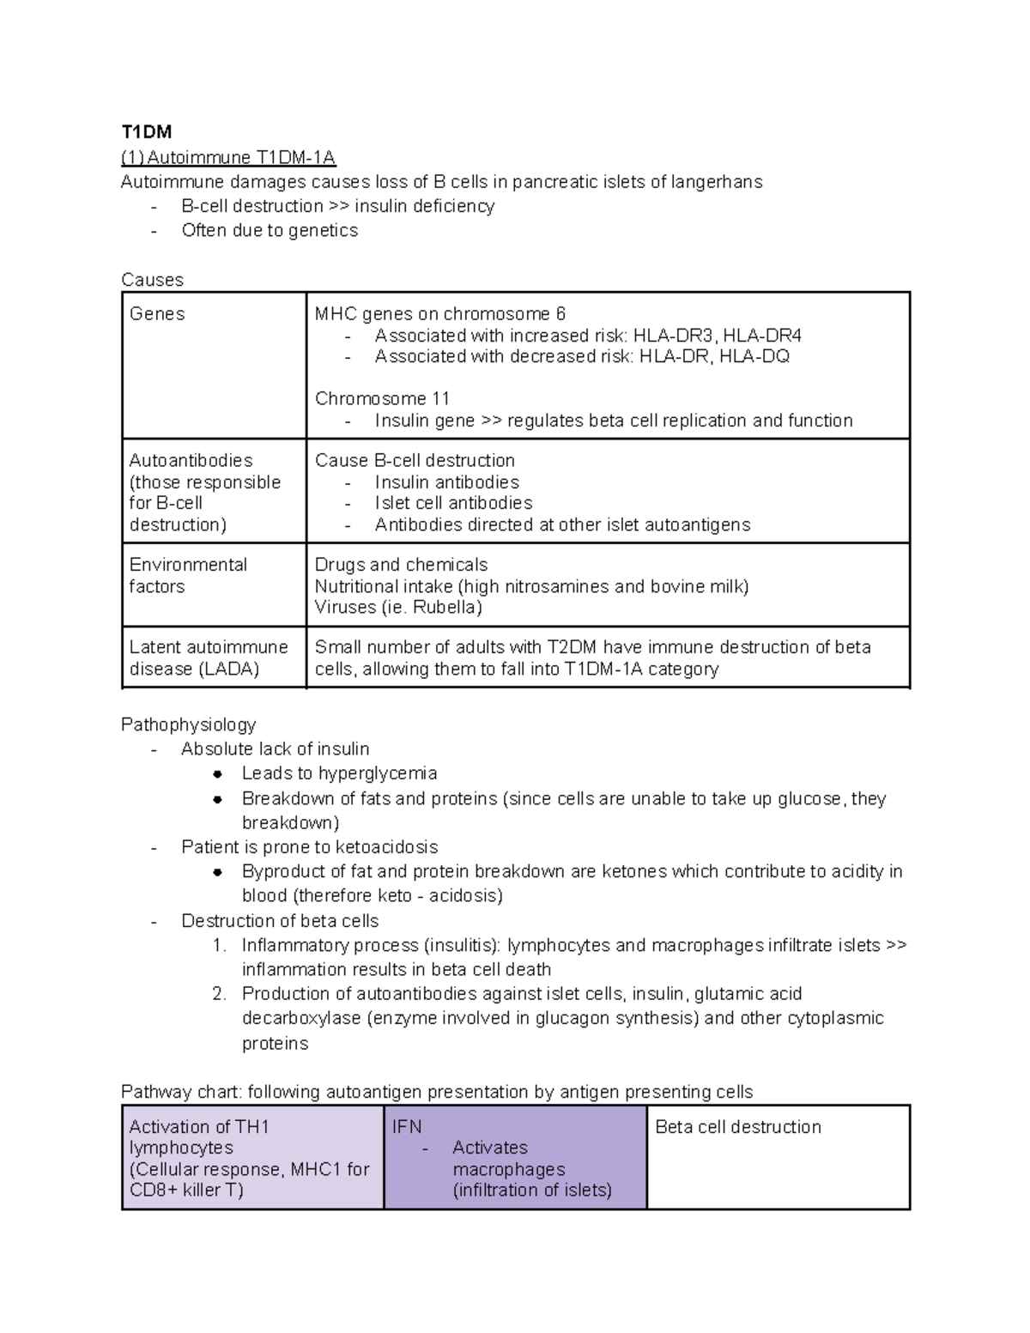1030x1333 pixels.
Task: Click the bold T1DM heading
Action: [146, 131]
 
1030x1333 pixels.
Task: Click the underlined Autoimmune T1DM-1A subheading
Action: [228, 157]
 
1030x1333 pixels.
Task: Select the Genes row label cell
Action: [157, 314]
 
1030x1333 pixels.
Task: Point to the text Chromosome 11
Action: [382, 398]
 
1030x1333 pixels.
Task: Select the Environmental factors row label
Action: [188, 575]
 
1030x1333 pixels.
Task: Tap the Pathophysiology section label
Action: [188, 724]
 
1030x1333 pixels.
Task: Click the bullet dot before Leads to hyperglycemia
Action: [218, 773]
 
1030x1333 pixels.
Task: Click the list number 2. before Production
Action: [219, 994]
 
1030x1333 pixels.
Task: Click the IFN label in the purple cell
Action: [407, 1127]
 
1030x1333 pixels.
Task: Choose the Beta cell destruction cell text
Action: [737, 1127]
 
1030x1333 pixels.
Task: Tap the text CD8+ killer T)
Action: [186, 1190]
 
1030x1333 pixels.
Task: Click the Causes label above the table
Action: [152, 280]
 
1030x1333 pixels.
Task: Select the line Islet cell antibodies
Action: [453, 503]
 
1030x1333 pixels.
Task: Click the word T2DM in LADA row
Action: [573, 647]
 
